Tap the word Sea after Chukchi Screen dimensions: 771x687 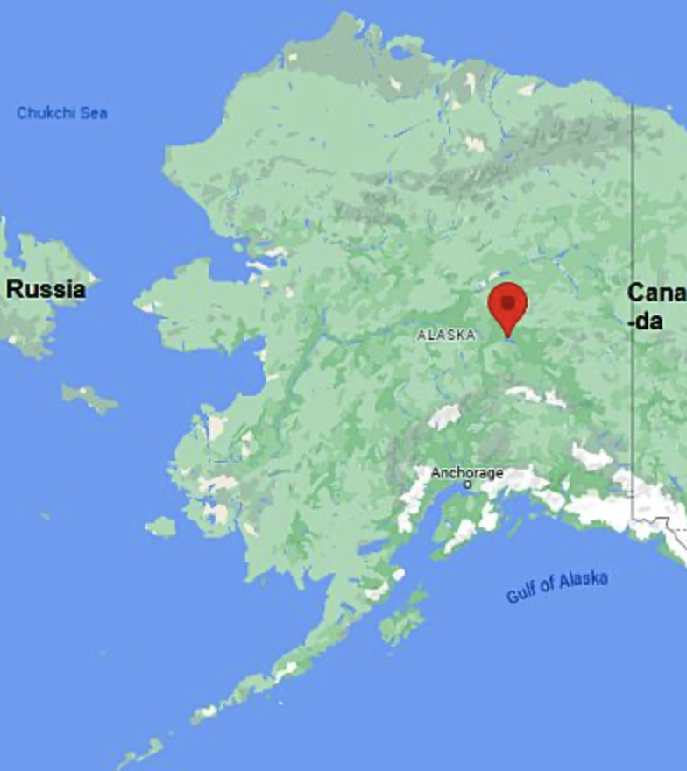click(95, 113)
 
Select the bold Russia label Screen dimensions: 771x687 click(46, 289)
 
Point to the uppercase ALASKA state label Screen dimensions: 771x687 click(446, 335)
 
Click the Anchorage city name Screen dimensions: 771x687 click(467, 473)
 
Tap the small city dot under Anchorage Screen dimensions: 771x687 click(467, 485)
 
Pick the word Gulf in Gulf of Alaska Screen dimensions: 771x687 click(522, 593)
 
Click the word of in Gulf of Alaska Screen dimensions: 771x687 click(549, 587)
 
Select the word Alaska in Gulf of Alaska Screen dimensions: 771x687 click(583, 580)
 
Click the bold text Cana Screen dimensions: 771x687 click(656, 294)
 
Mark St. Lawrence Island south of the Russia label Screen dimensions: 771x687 click(89, 398)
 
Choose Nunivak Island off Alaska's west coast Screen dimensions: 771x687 click(160, 527)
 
